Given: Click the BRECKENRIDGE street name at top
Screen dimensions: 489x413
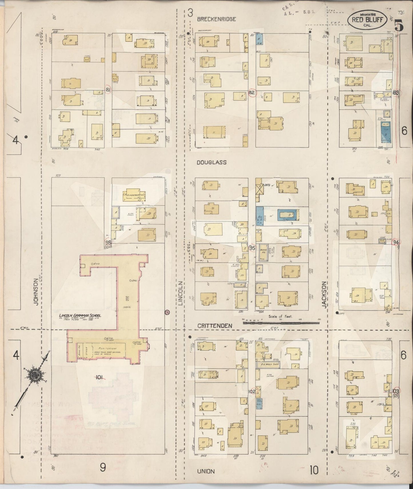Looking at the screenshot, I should coord(216,19).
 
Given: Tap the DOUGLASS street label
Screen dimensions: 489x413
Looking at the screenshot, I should coord(212,162).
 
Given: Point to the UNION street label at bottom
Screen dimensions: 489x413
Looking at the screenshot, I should coord(206,471).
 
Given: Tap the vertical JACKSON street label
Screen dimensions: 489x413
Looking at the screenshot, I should coord(324,294).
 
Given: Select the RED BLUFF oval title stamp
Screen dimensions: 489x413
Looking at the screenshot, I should coord(367,20).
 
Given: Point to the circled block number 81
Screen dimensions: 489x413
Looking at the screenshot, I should coord(108,90).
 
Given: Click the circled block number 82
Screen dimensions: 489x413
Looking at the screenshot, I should coord(252,92).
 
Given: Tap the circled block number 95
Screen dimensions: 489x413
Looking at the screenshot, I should coord(252,248).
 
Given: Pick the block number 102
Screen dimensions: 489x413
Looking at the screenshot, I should coord(252,391).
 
